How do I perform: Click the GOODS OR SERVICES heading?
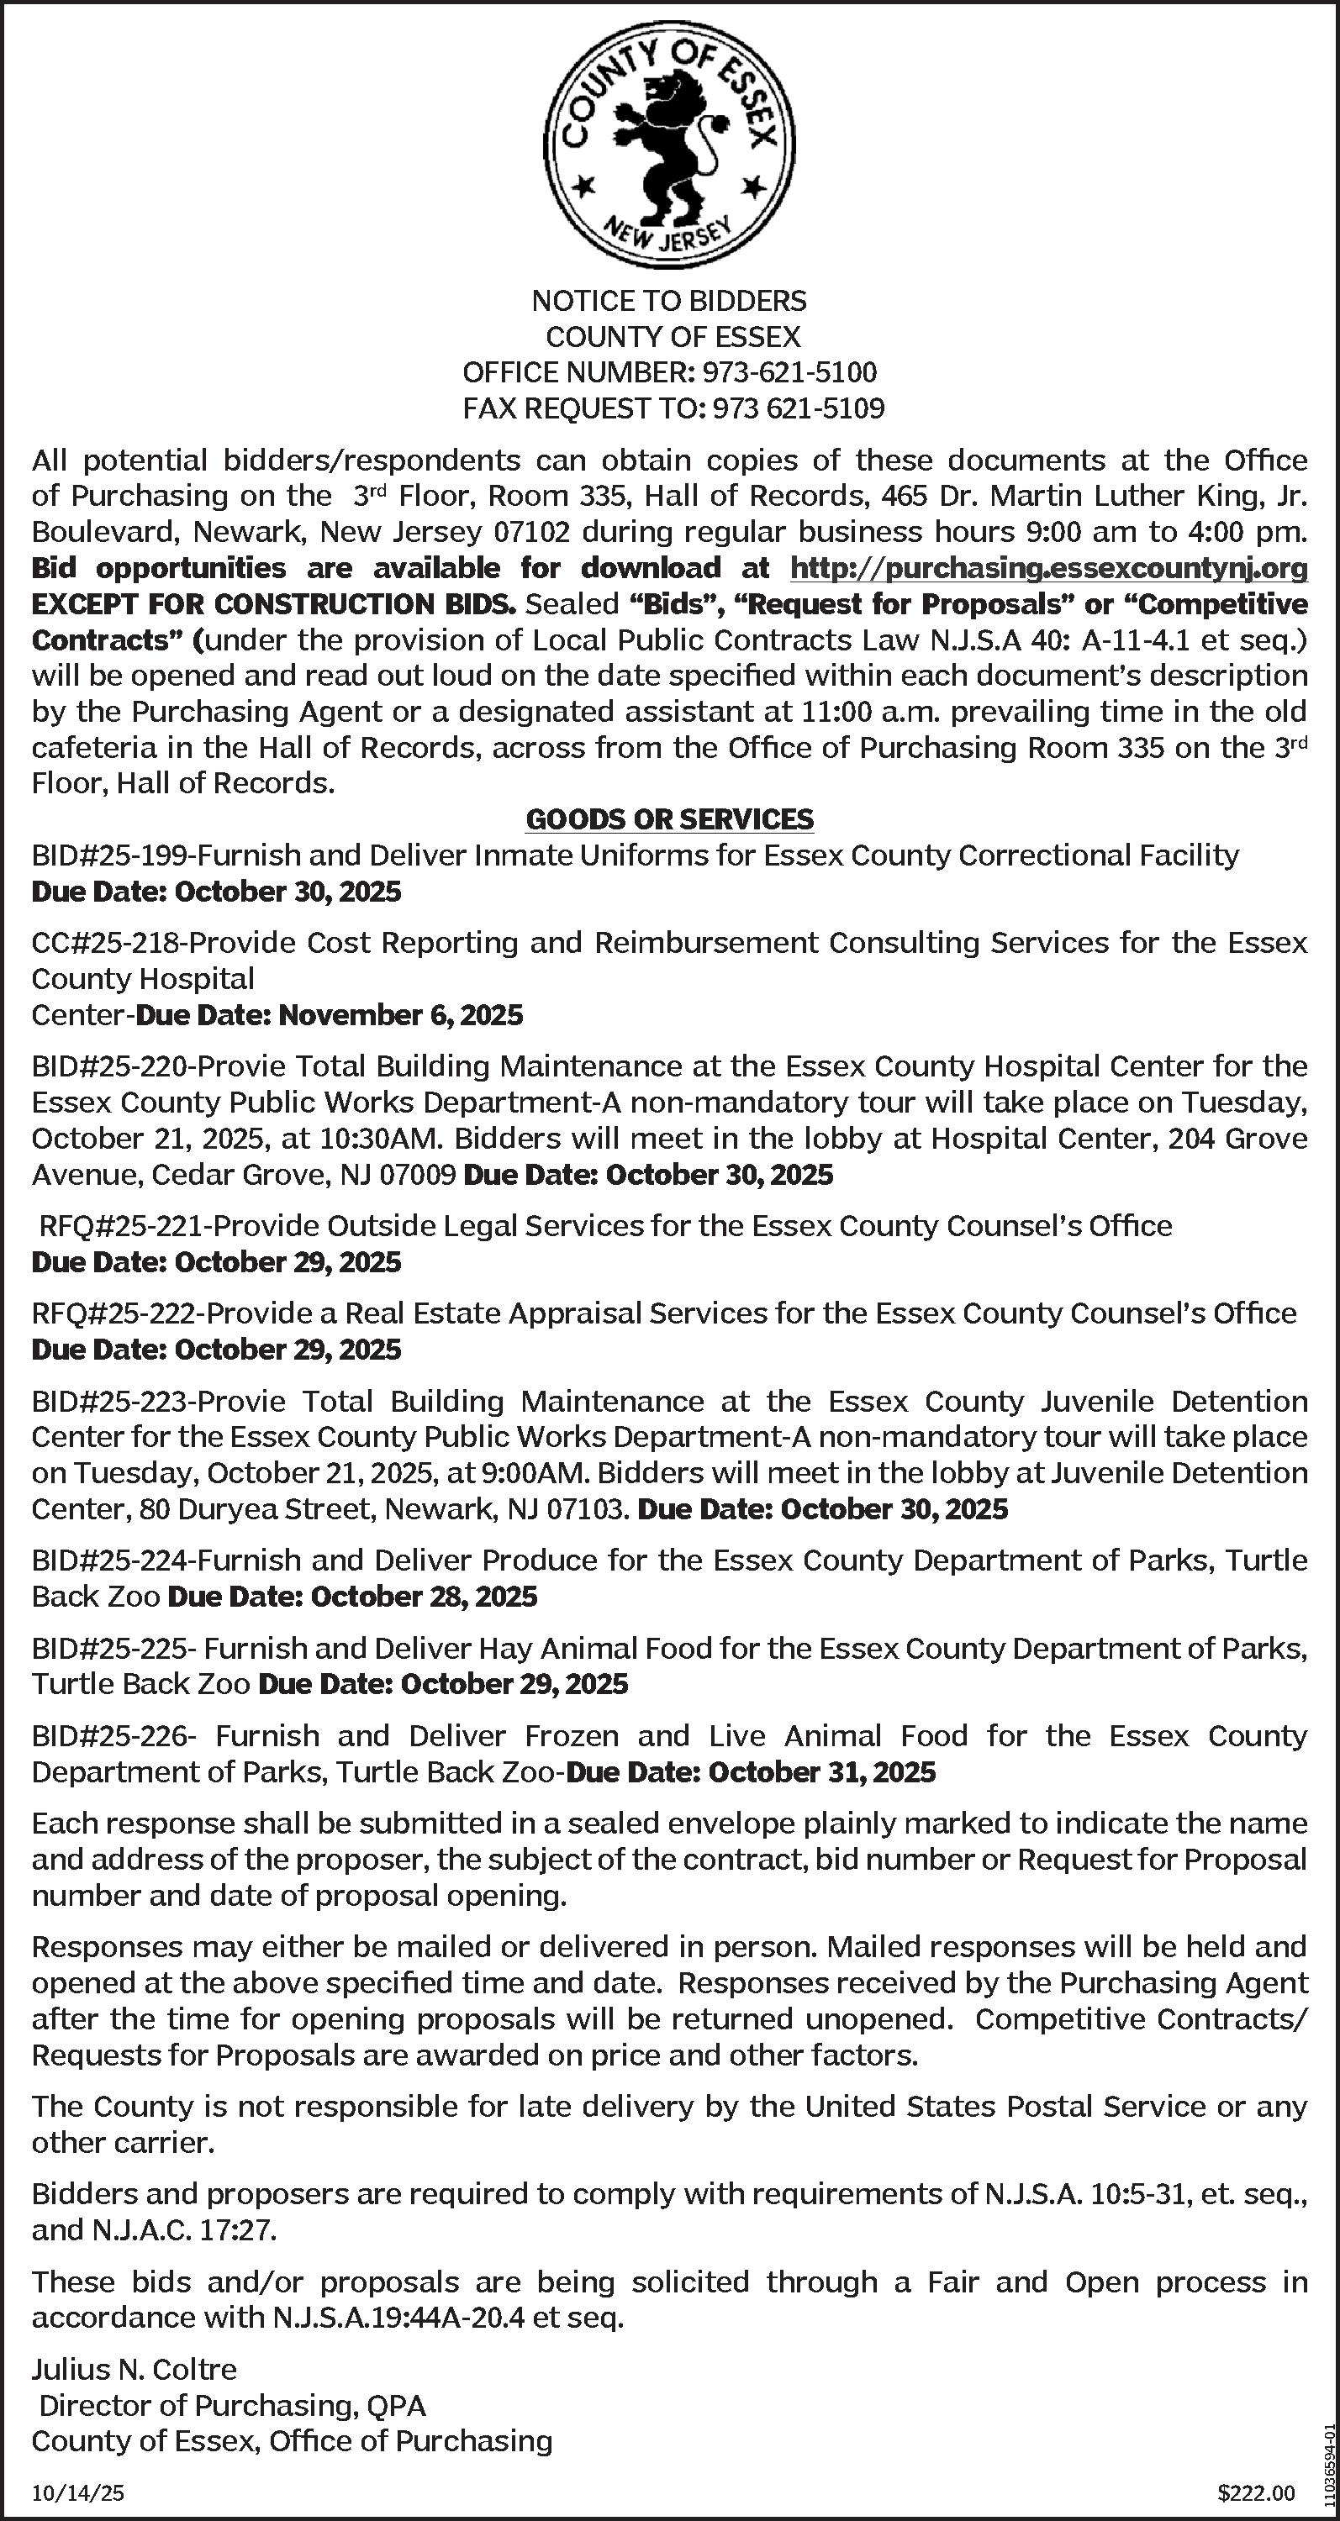click(x=669, y=819)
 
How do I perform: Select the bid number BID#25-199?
click(x=111, y=856)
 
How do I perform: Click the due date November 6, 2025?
click(x=400, y=1016)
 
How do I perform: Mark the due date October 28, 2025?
click(x=423, y=1597)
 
